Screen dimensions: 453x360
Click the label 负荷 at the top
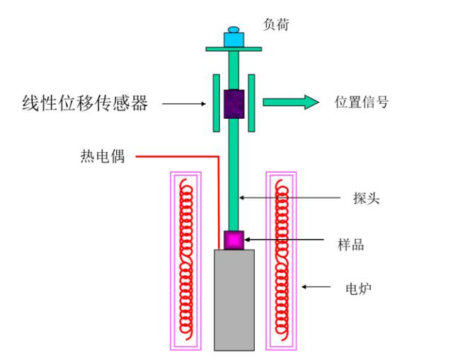[x=276, y=25]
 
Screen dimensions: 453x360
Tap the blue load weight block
[x=234, y=40]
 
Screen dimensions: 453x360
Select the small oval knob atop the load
[x=234, y=30]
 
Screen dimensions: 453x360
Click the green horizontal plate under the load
[x=234, y=49]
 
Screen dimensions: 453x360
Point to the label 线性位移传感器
[x=85, y=103]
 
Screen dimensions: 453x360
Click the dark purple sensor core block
[x=234, y=104]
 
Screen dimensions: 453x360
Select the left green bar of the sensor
[x=217, y=103]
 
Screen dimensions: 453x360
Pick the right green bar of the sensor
[x=252, y=103]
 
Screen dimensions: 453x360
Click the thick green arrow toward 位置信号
[x=291, y=102]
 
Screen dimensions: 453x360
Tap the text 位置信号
[x=362, y=102]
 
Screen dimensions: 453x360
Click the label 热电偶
[x=103, y=156]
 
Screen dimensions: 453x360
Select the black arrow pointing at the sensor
[x=184, y=104]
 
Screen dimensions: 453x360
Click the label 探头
[x=366, y=198]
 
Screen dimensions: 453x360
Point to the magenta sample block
[x=234, y=240]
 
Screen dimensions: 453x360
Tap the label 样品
[x=351, y=245]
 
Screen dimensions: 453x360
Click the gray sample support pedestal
[x=234, y=300]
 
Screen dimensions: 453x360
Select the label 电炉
[x=358, y=289]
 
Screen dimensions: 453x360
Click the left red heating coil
[x=185, y=260]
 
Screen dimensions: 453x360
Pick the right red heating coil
[x=282, y=260]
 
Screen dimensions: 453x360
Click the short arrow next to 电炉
[x=316, y=286]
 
